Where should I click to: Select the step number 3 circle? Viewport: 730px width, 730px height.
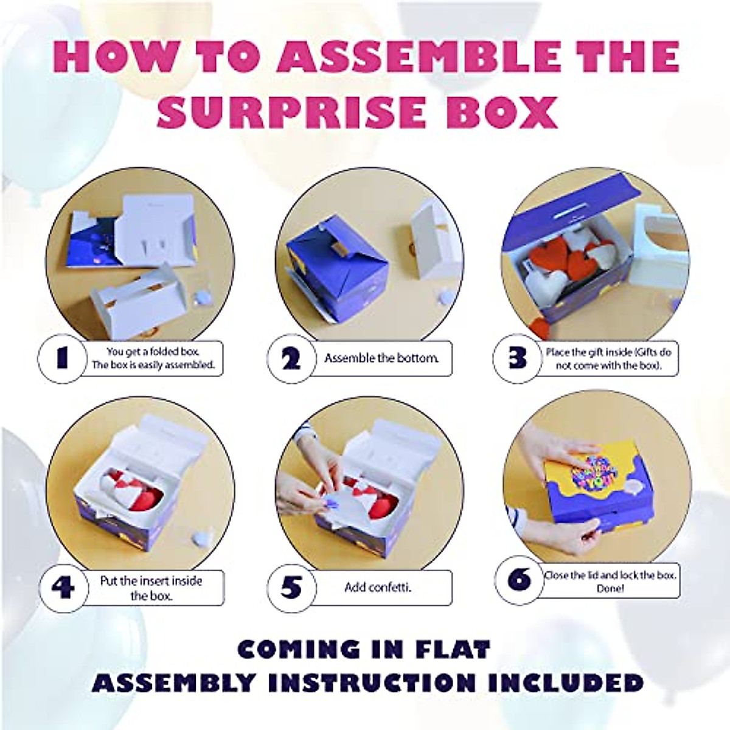[517, 358]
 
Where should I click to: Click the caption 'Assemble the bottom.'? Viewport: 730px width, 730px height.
[381, 358]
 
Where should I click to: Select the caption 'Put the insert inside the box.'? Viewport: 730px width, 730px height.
[151, 588]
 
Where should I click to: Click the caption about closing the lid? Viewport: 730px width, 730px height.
[610, 582]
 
